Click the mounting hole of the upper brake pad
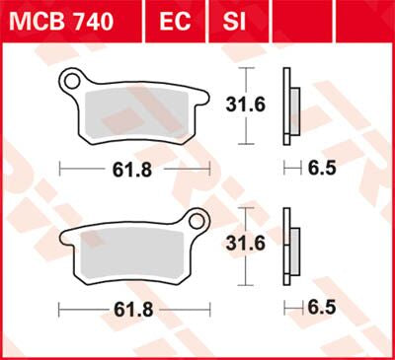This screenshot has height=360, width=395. point(72,79)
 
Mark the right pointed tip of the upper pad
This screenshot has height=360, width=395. point(209,96)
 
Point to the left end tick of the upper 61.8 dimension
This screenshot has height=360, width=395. point(60,170)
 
